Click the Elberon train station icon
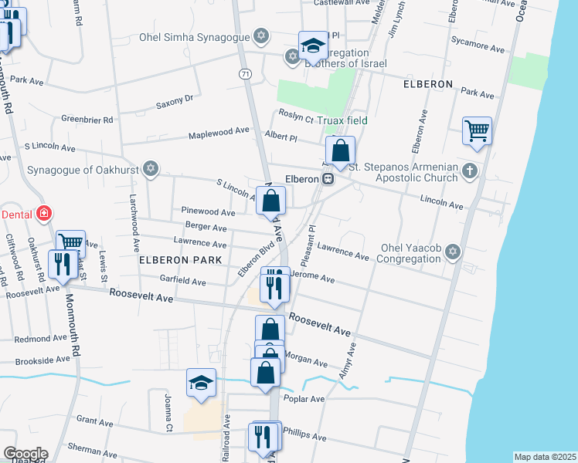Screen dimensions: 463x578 tap(328, 179)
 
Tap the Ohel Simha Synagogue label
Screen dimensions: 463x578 tap(195, 36)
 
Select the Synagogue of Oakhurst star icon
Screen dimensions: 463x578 tap(151, 168)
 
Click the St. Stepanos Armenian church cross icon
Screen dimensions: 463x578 tap(468, 171)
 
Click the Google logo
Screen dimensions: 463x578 tap(25, 453)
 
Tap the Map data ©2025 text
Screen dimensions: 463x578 tap(545, 457)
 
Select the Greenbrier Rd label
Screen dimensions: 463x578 tap(87, 120)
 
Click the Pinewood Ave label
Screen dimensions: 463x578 tap(207, 211)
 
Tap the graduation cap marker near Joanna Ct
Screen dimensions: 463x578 tap(201, 383)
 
